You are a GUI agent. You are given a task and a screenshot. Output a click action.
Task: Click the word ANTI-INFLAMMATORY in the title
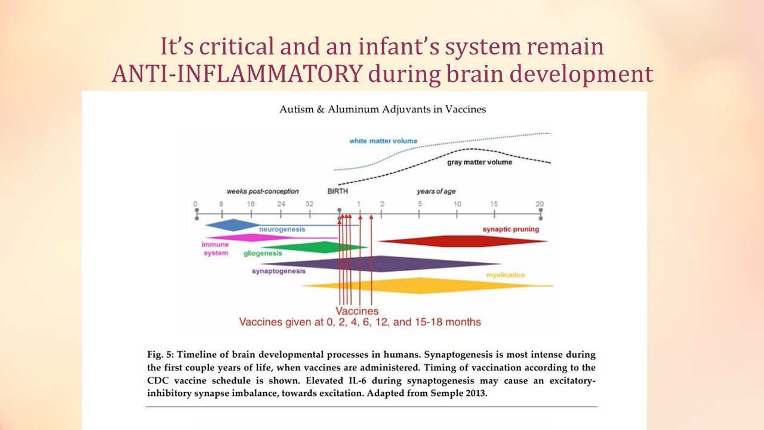[x=236, y=75]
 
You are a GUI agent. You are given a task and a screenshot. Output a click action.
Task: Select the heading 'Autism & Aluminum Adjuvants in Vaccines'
[x=383, y=109]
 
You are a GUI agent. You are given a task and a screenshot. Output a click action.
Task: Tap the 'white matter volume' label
[x=383, y=141]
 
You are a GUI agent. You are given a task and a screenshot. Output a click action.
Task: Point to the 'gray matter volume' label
[x=479, y=162]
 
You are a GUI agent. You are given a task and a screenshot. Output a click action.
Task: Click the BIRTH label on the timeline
[x=337, y=192]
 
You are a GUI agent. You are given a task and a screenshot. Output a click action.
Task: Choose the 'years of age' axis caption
[x=436, y=192]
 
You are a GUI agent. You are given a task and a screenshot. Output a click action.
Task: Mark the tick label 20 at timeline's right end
[x=540, y=204]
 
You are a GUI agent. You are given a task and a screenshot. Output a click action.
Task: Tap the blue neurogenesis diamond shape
[x=233, y=225]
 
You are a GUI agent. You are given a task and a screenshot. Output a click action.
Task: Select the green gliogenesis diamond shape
[x=316, y=247]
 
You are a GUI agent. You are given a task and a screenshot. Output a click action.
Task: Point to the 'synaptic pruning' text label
[x=510, y=229]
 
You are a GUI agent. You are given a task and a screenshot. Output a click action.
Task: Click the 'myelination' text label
[x=505, y=275]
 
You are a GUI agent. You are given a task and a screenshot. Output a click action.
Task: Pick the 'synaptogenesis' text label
[x=279, y=271]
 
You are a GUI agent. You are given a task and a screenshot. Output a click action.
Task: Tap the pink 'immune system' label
[x=215, y=248]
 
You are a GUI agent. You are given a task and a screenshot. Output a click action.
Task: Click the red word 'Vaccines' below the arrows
[x=356, y=311]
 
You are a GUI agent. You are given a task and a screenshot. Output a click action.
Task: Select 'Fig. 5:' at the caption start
[x=161, y=355]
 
